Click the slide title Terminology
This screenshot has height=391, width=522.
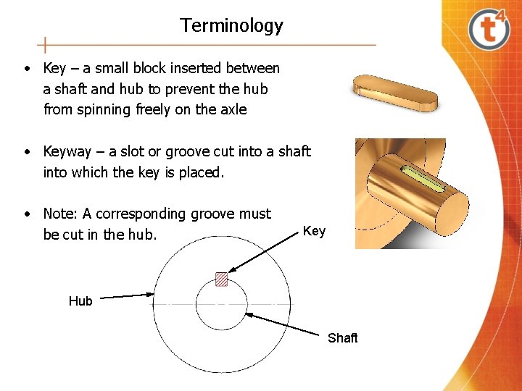point(231,26)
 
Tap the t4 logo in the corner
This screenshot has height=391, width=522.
point(489,28)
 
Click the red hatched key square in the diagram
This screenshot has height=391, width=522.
point(221,279)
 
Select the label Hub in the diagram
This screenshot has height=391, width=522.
point(80,301)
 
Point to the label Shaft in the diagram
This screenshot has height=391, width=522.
point(343,338)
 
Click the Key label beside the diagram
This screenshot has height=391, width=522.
point(314,231)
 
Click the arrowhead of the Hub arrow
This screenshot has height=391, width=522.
point(152,293)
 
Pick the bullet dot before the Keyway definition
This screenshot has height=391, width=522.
point(26,152)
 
